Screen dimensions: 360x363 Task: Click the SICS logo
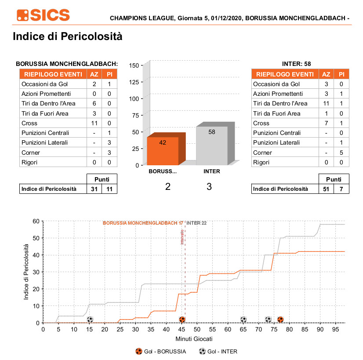pyautogui.click(x=43, y=15)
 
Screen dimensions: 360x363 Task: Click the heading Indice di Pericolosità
pyautogui.click(x=67, y=36)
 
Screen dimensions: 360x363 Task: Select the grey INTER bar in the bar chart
pyautogui.click(x=211, y=145)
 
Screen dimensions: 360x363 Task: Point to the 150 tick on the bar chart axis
pyautogui.click(x=134, y=65)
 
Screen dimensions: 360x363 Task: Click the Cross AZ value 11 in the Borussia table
pyautogui.click(x=94, y=123)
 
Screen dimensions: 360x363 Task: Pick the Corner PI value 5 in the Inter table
pyautogui.click(x=341, y=153)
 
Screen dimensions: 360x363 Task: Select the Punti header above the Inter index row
pyautogui.click(x=334, y=179)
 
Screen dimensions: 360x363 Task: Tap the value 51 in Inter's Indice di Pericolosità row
pyautogui.click(x=326, y=189)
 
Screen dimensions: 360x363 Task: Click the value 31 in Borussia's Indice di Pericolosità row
pyautogui.click(x=94, y=189)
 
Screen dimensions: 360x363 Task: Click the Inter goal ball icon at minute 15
pyautogui.click(x=90, y=320)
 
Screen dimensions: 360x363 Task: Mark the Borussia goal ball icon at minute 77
pyautogui.click(x=280, y=320)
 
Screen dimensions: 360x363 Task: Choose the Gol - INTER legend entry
pyautogui.click(x=221, y=351)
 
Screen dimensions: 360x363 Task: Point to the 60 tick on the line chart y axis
pyautogui.click(x=36, y=221)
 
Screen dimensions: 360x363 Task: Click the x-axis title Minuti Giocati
pyautogui.click(x=194, y=339)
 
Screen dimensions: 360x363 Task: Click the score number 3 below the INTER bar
pyautogui.click(x=209, y=186)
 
